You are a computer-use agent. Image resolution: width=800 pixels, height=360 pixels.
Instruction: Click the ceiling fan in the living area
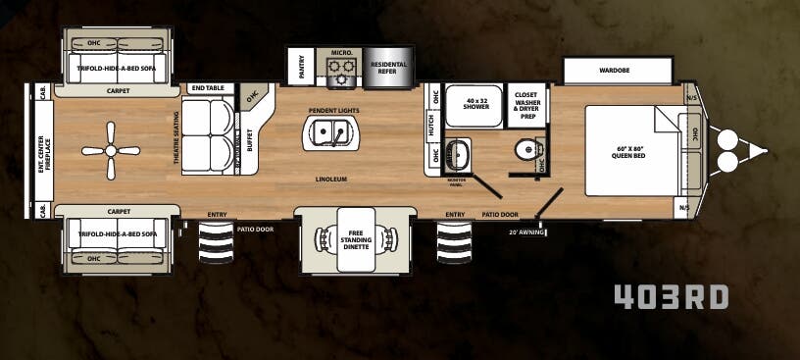click(x=107, y=150)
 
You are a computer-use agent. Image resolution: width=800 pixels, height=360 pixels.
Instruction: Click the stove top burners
click(x=342, y=69)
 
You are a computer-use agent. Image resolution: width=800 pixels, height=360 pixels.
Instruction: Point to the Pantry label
click(x=300, y=66)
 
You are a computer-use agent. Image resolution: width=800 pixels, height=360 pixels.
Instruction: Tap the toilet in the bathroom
click(x=527, y=149)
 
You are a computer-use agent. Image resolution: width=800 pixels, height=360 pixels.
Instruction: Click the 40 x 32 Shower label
click(x=475, y=102)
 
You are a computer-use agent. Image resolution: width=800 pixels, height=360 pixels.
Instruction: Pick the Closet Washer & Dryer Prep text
click(x=527, y=104)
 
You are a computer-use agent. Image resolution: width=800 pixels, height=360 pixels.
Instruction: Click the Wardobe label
click(x=617, y=71)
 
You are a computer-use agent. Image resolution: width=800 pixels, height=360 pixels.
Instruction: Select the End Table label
click(x=207, y=87)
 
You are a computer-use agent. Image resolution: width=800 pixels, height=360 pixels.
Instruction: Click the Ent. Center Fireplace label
click(x=43, y=151)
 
